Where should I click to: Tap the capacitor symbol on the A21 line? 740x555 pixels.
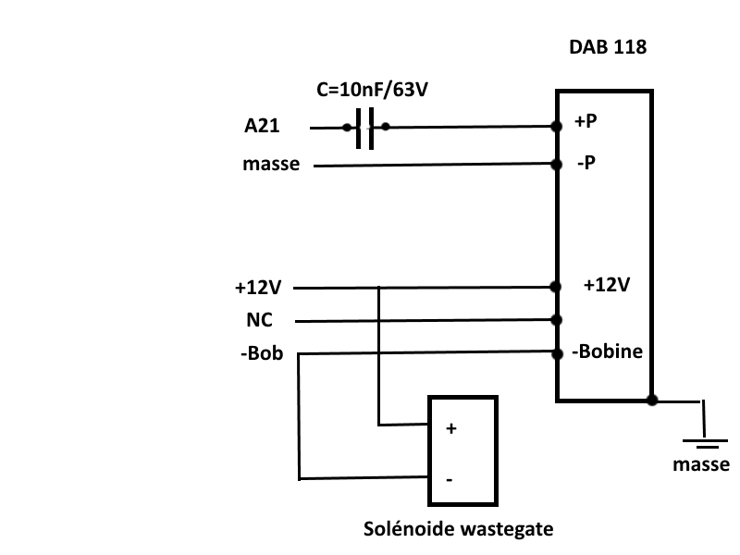pyautogui.click(x=366, y=128)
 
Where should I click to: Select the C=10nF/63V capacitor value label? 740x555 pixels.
pyautogui.click(x=373, y=91)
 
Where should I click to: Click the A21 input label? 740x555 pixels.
pyautogui.click(x=263, y=128)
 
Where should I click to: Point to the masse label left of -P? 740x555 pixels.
pyautogui.click(x=271, y=165)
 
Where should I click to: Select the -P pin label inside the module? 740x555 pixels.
pyautogui.click(x=586, y=163)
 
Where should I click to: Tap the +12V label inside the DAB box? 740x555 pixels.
pyautogui.click(x=606, y=285)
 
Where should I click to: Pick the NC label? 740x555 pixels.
pyautogui.click(x=259, y=321)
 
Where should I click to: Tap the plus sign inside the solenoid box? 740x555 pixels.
pyautogui.click(x=451, y=430)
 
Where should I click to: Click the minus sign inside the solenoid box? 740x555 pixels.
pyautogui.click(x=450, y=479)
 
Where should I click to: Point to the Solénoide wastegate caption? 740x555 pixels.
pyautogui.click(x=458, y=530)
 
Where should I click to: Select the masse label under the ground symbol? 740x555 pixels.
pyautogui.click(x=701, y=464)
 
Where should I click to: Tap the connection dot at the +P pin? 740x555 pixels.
pyautogui.click(x=557, y=128)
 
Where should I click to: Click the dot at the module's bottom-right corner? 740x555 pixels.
pyautogui.click(x=652, y=401)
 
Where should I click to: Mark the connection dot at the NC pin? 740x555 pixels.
pyautogui.click(x=557, y=320)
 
